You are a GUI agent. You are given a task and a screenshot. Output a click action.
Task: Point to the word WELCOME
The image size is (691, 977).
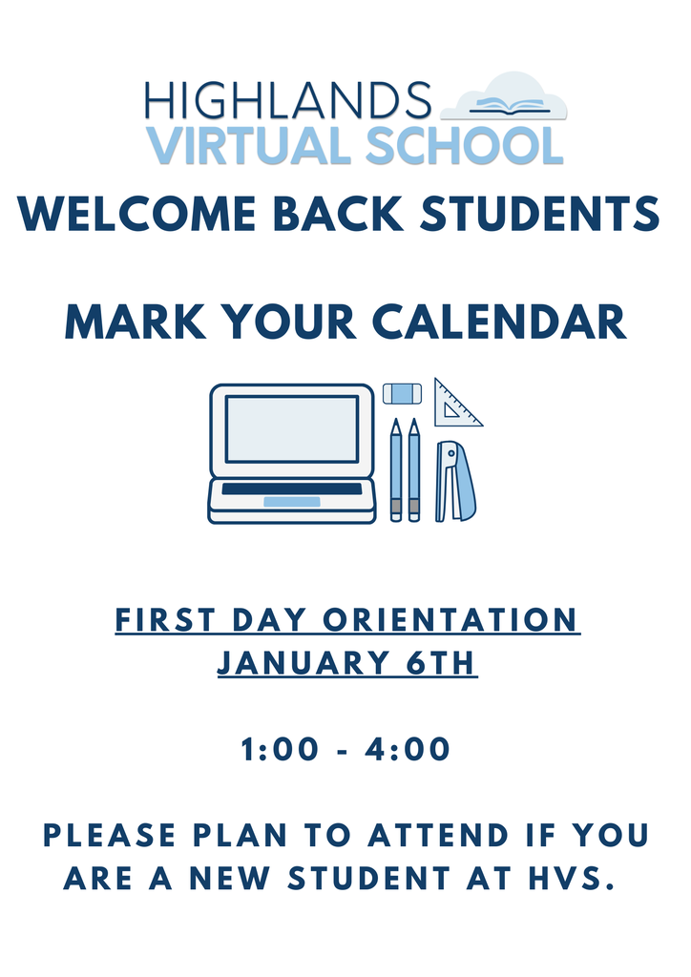click(137, 213)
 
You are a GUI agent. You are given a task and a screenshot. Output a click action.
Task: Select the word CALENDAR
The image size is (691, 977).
click(499, 322)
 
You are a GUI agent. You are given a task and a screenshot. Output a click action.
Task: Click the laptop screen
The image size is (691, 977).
click(292, 428)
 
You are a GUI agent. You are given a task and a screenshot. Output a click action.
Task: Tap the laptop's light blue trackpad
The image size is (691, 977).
click(291, 502)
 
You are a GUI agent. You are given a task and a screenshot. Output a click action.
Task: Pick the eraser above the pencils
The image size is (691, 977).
click(402, 392)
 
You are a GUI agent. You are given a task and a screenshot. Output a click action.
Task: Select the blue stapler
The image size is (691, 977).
click(455, 481)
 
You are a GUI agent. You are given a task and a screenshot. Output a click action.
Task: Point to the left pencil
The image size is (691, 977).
click(396, 469)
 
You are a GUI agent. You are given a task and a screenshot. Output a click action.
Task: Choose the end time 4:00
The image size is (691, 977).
click(408, 749)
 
